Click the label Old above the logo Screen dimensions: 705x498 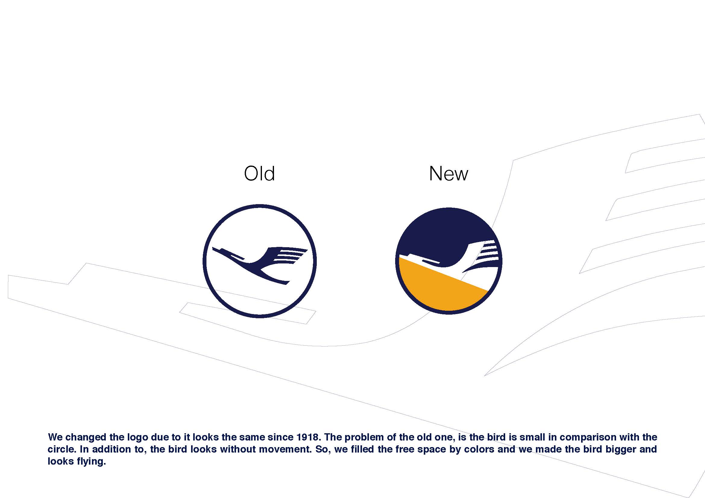point(260,173)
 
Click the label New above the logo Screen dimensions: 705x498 point(448,173)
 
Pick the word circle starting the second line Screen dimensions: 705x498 point(61,449)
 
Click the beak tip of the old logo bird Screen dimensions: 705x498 point(213,248)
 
